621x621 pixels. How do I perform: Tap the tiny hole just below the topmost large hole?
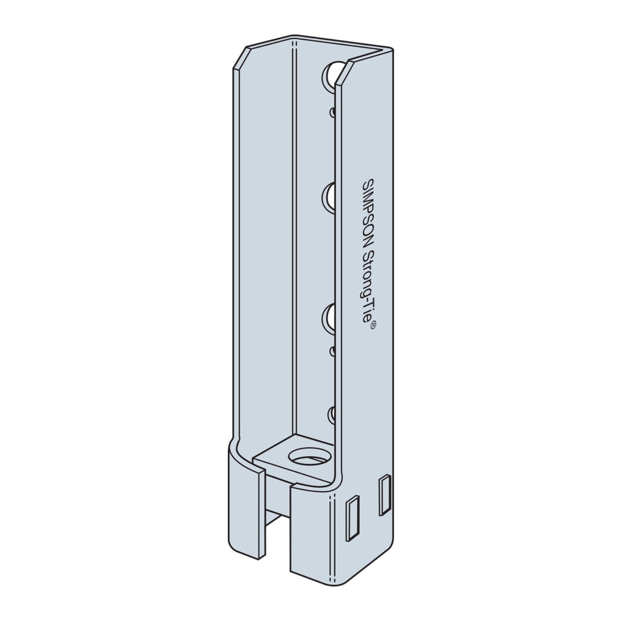332,112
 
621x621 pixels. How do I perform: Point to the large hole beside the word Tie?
329,317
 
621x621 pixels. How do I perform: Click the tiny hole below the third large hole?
332,352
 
